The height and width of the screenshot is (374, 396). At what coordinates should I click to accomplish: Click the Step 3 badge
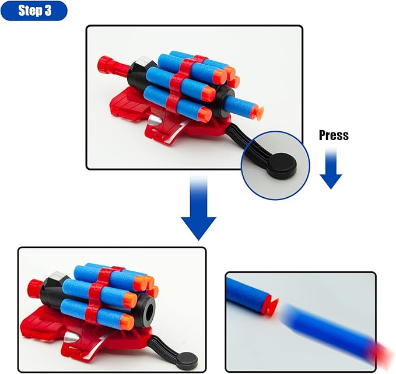(34, 11)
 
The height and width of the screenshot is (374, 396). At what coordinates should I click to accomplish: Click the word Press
(334, 135)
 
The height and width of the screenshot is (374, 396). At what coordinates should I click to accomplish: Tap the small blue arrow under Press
(331, 169)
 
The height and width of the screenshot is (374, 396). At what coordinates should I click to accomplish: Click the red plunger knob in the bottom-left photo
(35, 286)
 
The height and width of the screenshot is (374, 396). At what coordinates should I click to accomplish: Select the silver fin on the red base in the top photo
(153, 120)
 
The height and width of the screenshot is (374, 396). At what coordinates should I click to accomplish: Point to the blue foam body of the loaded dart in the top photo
(239, 105)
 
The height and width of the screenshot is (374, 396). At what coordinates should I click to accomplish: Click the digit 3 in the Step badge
(55, 11)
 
